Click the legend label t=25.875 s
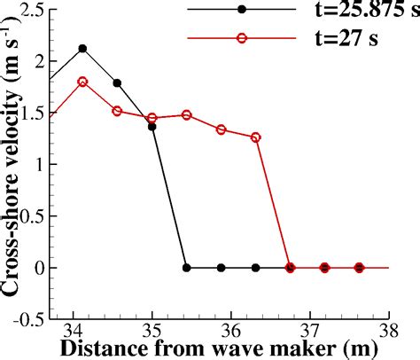click(x=358, y=12)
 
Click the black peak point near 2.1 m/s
click(x=82, y=48)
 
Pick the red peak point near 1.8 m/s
click(x=82, y=82)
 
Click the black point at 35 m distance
click(x=152, y=127)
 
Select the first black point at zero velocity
click(x=186, y=267)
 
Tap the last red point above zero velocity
click(x=256, y=137)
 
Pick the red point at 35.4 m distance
click(x=186, y=115)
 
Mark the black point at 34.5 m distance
click(x=117, y=82)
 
